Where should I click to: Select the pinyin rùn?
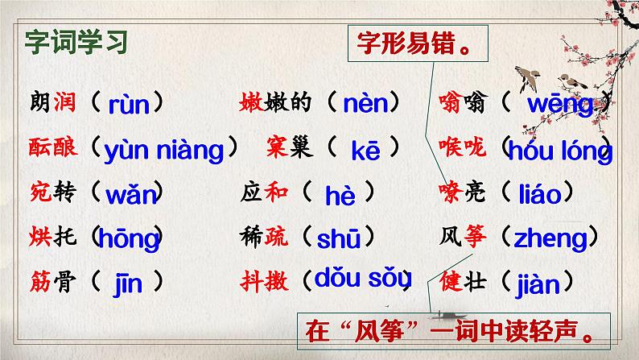(x=130, y=103)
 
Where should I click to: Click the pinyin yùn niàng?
(x=164, y=149)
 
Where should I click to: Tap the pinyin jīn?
(x=129, y=282)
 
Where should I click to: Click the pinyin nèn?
(x=365, y=103)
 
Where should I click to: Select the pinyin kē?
(x=365, y=150)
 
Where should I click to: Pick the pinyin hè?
(x=340, y=195)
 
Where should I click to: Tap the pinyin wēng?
(x=560, y=104)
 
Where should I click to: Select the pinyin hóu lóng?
(x=560, y=151)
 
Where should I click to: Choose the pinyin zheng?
(x=553, y=238)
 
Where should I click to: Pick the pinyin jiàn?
(x=544, y=282)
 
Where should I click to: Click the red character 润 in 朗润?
(x=64, y=103)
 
